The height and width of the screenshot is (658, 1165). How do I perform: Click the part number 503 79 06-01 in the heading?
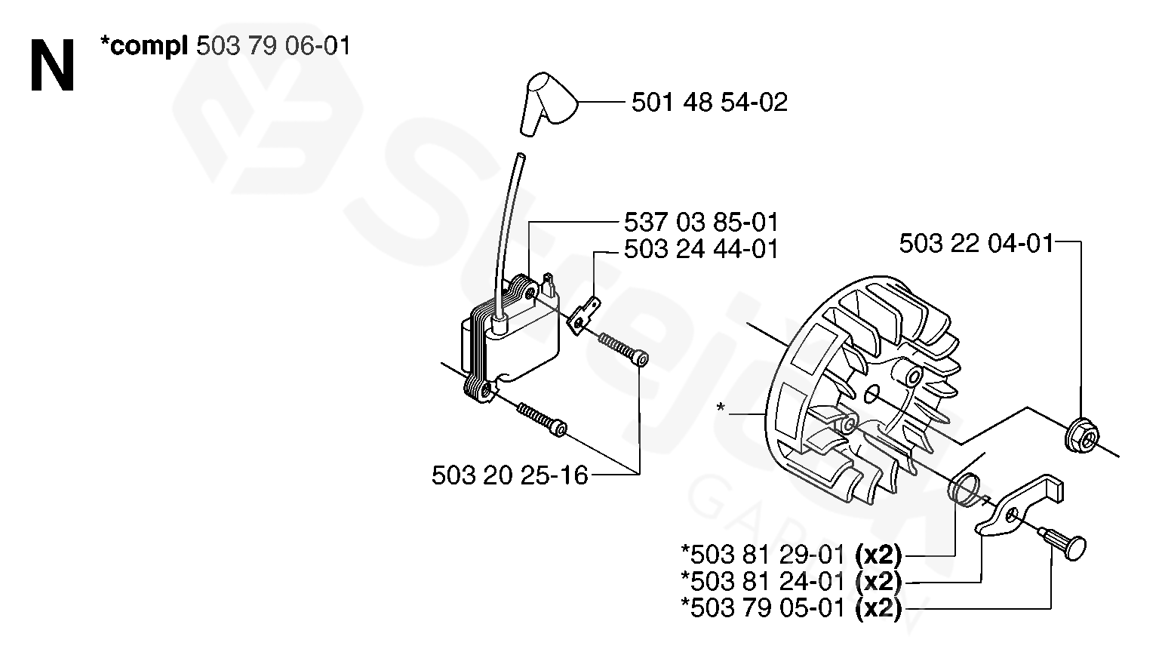tap(273, 47)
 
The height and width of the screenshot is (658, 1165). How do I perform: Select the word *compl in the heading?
tap(143, 47)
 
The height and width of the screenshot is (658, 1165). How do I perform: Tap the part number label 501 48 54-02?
tap(709, 102)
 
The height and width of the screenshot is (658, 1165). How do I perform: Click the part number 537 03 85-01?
tap(701, 223)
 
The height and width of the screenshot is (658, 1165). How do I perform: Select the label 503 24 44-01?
tap(701, 249)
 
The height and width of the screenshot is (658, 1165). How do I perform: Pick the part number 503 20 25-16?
tap(509, 475)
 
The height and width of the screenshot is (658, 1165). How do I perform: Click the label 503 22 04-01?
tap(976, 244)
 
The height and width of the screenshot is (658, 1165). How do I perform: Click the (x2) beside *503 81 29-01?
tap(878, 555)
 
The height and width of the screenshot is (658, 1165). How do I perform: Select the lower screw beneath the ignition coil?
tap(541, 420)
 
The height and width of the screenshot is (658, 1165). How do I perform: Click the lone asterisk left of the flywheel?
tap(721, 408)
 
